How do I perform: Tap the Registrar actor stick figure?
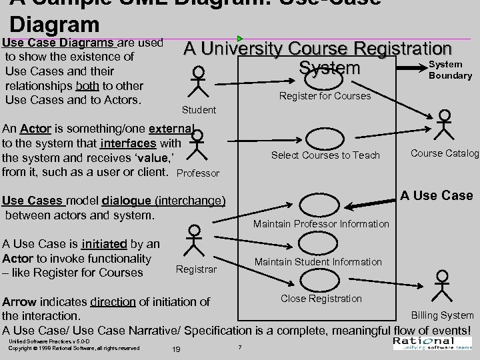point(194,241)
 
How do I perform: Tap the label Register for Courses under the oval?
point(325,96)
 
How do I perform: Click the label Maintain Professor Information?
point(321,224)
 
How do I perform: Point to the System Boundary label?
point(450,70)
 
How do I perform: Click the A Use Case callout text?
point(437,195)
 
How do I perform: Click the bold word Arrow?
point(20,302)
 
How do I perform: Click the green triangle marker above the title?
point(240,39)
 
